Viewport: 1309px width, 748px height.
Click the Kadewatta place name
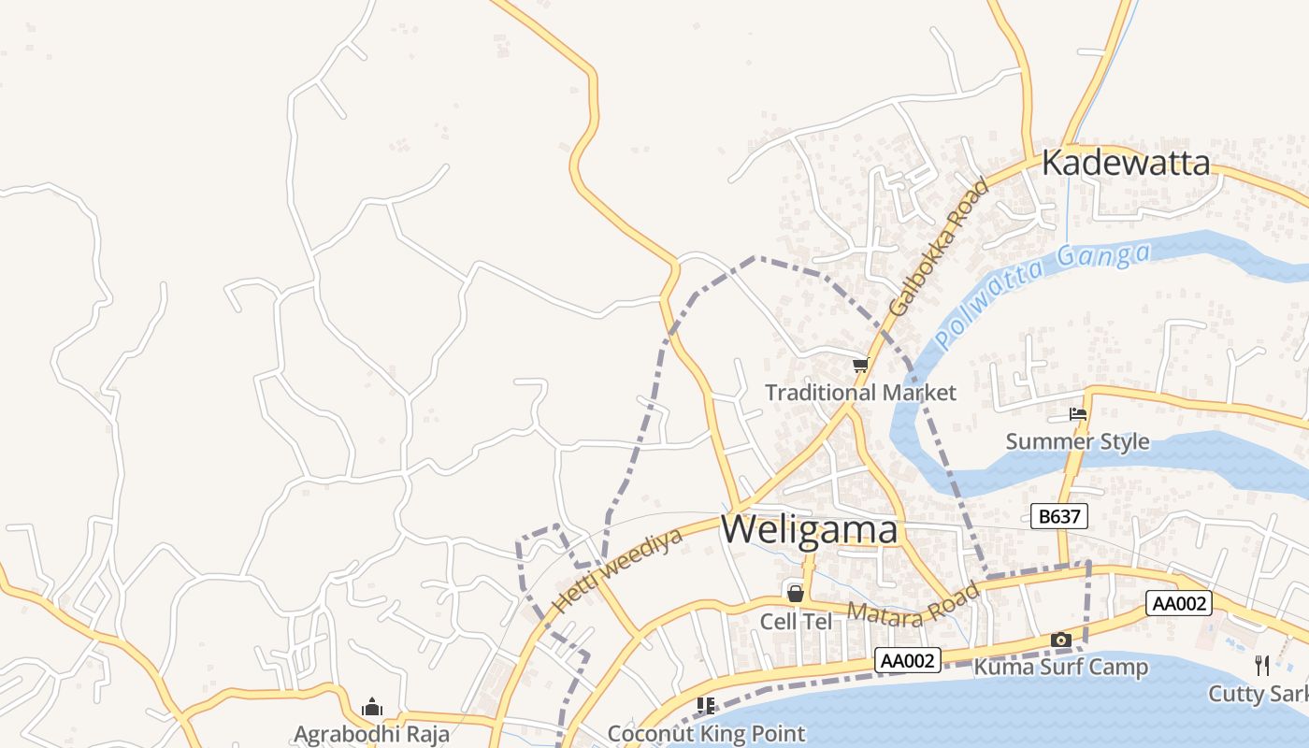coord(1126,163)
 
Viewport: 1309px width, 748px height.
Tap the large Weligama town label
coord(810,530)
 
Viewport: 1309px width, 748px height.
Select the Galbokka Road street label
coord(938,247)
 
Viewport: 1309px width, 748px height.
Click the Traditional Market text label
coord(861,393)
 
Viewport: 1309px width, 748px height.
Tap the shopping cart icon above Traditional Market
coord(860,365)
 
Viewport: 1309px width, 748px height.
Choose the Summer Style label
coord(1077,441)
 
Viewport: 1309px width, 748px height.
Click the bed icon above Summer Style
coord(1078,413)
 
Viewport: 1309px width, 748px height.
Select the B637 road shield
coord(1059,516)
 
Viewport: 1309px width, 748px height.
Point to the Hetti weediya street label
coord(617,569)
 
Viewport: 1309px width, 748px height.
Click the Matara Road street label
coord(913,605)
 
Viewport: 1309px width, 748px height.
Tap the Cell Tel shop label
coord(796,622)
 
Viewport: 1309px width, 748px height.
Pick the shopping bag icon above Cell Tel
coord(795,593)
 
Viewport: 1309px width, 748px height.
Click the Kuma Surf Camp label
coord(1060,668)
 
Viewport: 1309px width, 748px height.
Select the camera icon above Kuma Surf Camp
coord(1060,640)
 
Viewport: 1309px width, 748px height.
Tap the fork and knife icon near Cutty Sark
coord(1262,666)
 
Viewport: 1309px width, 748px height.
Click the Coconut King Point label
coord(706,734)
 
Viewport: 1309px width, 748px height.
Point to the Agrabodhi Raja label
coord(372,734)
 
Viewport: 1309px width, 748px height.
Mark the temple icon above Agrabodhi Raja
coord(372,707)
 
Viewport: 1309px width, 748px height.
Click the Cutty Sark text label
coord(1258,694)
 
